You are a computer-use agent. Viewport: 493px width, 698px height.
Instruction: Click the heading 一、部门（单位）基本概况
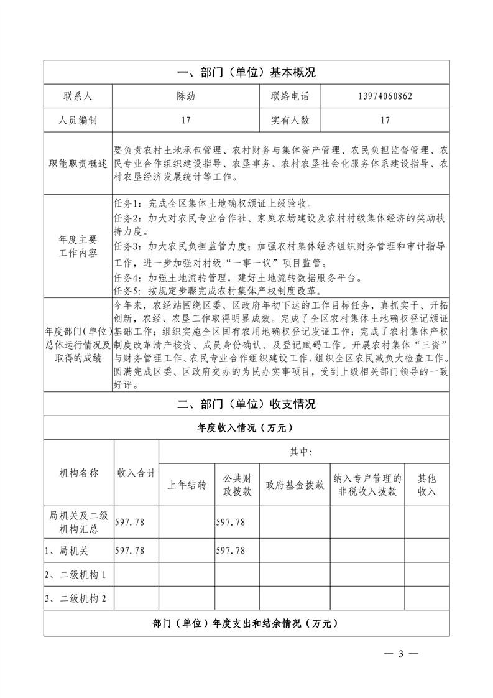click(x=246, y=73)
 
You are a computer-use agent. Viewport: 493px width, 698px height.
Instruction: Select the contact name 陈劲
click(x=186, y=96)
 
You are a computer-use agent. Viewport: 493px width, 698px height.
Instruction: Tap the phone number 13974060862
click(x=385, y=96)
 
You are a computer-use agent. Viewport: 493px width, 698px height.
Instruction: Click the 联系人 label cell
click(x=78, y=96)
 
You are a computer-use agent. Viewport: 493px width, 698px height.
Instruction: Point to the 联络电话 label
click(x=290, y=96)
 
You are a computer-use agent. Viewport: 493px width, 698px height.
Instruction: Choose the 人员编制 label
click(x=78, y=120)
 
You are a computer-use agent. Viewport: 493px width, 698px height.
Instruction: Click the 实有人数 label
click(x=290, y=120)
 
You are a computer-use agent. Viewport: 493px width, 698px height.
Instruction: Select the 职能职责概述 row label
click(x=78, y=164)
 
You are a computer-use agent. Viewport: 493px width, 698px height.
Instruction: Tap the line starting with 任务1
click(x=217, y=203)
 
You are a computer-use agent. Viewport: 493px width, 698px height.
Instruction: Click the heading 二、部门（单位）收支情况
click(x=246, y=404)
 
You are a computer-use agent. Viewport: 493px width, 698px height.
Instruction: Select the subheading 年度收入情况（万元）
click(x=246, y=428)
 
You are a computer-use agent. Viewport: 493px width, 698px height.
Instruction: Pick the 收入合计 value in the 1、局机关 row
click(x=130, y=551)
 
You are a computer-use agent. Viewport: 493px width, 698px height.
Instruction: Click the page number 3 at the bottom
click(x=401, y=653)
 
